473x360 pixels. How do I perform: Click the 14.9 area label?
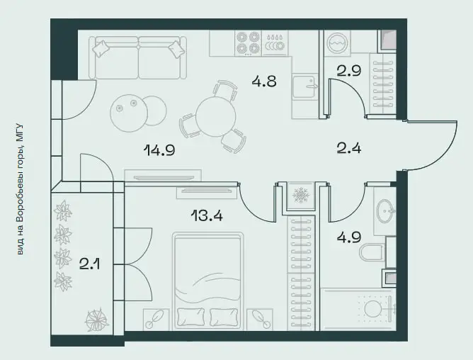[159, 150]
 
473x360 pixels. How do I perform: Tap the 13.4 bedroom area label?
[207, 215]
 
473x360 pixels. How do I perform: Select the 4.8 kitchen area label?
[264, 81]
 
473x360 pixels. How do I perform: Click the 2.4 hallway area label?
[348, 148]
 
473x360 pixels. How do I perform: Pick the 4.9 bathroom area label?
[348, 237]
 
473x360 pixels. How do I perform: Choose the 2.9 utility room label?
[348, 71]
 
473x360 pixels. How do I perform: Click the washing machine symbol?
[338, 43]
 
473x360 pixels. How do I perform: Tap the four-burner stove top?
[248, 43]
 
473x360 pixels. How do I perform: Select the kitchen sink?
[304, 87]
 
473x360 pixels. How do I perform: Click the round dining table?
[215, 117]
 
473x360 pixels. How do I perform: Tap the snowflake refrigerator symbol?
[300, 195]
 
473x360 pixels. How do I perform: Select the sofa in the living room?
[138, 57]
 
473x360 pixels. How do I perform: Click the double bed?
[208, 281]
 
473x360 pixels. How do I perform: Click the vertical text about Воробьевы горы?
[20, 189]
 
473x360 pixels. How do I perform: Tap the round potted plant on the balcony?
[96, 320]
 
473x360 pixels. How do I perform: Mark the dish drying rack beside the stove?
[275, 43]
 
